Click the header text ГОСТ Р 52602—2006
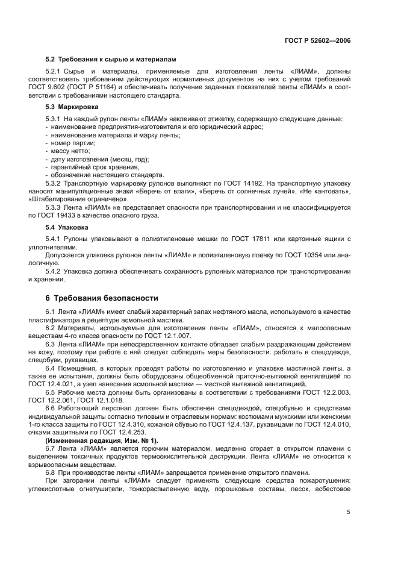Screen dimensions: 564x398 [317, 40]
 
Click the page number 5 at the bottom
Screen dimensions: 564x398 [349, 512]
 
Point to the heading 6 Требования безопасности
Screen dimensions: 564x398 [102, 297]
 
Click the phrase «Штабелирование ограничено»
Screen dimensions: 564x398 [78, 199]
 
